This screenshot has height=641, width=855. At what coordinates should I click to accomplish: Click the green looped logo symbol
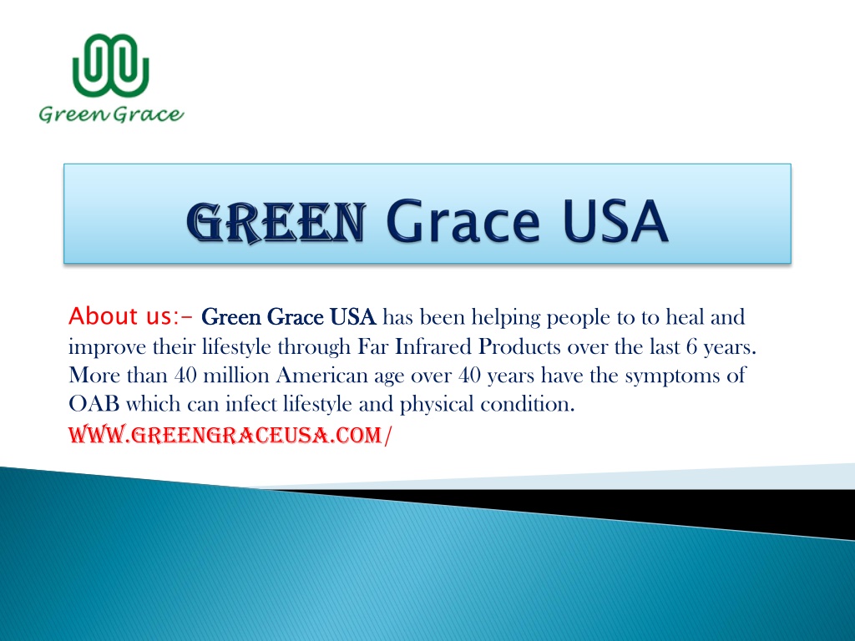[x=111, y=65]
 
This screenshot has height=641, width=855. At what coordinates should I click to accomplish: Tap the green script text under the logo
[x=111, y=114]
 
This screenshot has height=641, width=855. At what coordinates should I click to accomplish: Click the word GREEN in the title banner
[x=276, y=222]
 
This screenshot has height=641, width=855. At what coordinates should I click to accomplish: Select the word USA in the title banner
[x=615, y=221]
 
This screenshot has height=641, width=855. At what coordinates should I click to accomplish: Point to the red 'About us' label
[x=131, y=316]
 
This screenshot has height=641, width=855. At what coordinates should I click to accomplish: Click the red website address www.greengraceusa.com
[x=230, y=435]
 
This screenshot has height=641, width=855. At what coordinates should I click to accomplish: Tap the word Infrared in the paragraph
[x=432, y=346]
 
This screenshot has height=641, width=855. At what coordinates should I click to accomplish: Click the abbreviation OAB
[x=94, y=404]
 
